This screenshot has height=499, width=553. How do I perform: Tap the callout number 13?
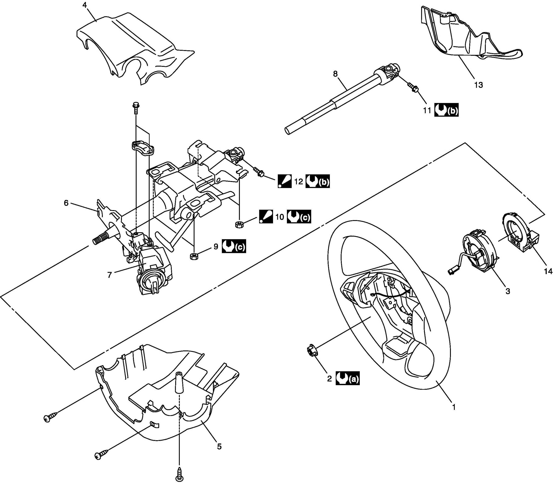[x=478, y=85]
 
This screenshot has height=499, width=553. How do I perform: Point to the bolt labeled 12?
[x=259, y=172]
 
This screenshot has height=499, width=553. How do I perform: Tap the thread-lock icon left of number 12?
[x=285, y=181]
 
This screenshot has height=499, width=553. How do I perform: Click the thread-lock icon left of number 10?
[x=266, y=217]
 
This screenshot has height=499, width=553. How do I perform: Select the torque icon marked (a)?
[x=347, y=379]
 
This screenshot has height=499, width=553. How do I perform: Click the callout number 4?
[x=85, y=6]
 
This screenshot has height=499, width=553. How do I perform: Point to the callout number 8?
[x=335, y=74]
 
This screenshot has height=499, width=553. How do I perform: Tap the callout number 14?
[x=548, y=271]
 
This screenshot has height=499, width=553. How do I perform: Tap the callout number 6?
[x=66, y=203]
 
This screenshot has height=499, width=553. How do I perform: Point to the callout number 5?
[x=219, y=447]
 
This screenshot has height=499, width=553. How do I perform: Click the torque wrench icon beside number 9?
[x=234, y=246]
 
